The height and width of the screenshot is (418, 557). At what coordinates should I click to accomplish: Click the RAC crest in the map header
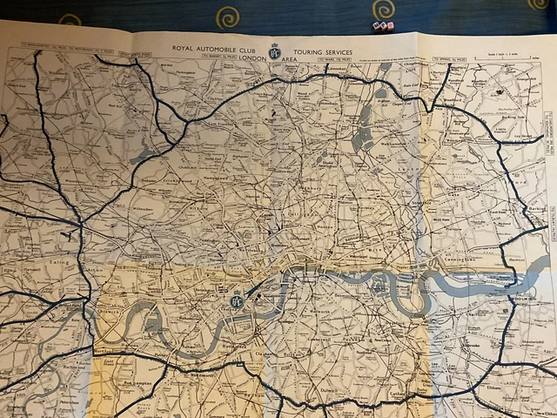click(x=276, y=51)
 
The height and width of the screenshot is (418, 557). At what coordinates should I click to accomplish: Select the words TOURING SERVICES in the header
click(x=324, y=51)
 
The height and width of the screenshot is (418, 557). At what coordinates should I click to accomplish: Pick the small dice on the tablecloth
click(x=384, y=26)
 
